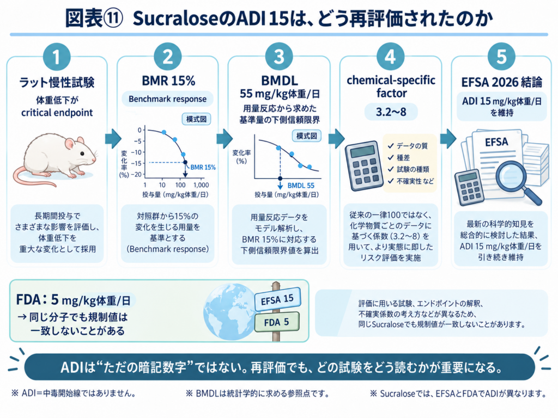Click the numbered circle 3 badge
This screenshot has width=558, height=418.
tap(279, 57)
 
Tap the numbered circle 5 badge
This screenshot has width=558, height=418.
tap(501, 57)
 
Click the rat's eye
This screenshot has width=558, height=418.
tap(82, 153)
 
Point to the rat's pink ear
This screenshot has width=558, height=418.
tap(69, 144)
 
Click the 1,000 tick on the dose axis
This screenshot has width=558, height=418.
tap(201, 185)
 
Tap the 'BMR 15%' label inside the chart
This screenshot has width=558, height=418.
tap(203, 168)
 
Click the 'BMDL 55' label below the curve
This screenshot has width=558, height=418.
tap(301, 186)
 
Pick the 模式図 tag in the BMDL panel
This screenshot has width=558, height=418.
tap(306, 136)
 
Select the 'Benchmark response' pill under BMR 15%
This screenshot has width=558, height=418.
tap(167, 99)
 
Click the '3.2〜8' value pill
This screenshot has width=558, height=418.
tap(391, 112)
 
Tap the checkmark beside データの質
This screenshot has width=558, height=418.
tap(391, 146)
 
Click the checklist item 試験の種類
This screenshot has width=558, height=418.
tap(413, 169)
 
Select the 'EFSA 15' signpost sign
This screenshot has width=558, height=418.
tap(277, 299)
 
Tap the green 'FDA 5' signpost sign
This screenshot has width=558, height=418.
tap(277, 322)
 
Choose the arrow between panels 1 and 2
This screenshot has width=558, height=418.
tap(113, 138)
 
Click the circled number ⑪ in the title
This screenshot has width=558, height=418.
tap(113, 18)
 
